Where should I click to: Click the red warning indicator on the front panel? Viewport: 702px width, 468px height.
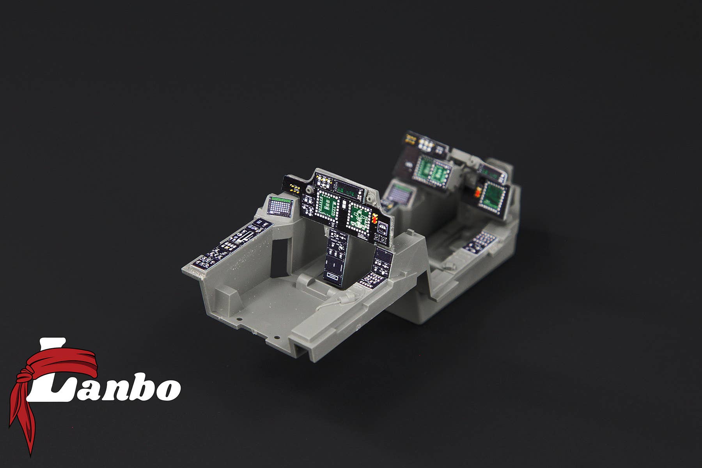coord(375,220)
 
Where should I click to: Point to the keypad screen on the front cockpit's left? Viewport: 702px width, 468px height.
coord(280,206)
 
